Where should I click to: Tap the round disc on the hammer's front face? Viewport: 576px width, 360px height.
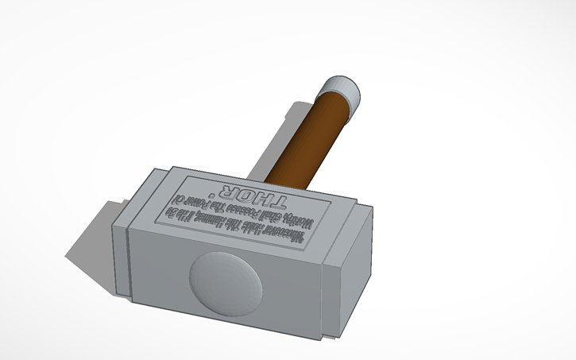pyautogui.click(x=224, y=281)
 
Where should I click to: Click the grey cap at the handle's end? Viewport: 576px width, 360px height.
pyautogui.click(x=343, y=89)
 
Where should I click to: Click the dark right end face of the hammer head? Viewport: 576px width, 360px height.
pyautogui.click(x=350, y=270)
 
